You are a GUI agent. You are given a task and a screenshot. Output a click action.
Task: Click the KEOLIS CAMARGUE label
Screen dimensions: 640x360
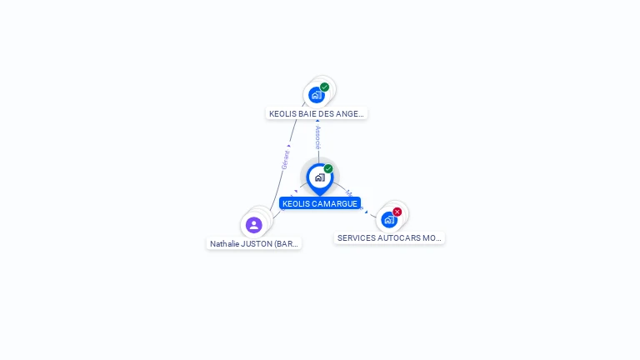click(x=320, y=203)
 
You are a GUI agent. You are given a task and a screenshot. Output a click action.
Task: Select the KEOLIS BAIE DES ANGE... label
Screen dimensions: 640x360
click(x=317, y=113)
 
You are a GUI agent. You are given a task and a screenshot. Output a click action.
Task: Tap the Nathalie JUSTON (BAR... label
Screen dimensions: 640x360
click(x=254, y=244)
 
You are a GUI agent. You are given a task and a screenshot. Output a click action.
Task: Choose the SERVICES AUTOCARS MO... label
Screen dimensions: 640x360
click(x=389, y=237)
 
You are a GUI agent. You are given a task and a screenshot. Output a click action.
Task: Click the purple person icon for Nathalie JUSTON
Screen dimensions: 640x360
click(x=254, y=225)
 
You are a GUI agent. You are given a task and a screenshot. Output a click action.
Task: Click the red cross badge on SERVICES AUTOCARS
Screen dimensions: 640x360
click(x=397, y=212)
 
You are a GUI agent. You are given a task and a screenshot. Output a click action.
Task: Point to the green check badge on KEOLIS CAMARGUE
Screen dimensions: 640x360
click(x=328, y=169)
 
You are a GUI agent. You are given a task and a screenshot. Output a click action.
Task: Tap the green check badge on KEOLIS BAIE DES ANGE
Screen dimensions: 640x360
click(x=325, y=87)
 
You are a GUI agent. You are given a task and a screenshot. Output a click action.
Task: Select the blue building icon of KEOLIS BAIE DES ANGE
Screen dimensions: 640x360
click(x=316, y=95)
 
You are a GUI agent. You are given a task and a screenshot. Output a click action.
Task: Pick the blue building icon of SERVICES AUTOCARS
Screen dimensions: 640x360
click(x=388, y=220)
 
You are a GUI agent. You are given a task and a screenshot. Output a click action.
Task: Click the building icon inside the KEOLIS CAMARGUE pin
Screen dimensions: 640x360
click(x=319, y=177)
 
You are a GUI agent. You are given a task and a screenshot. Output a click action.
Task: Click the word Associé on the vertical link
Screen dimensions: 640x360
click(x=317, y=138)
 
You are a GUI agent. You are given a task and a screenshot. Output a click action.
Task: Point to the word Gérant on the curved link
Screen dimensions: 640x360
click(x=285, y=159)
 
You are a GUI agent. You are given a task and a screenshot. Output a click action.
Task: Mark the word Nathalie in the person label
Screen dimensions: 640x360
click(x=224, y=244)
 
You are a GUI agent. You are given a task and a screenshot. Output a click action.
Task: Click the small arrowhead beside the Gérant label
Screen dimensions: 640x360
click(x=288, y=146)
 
